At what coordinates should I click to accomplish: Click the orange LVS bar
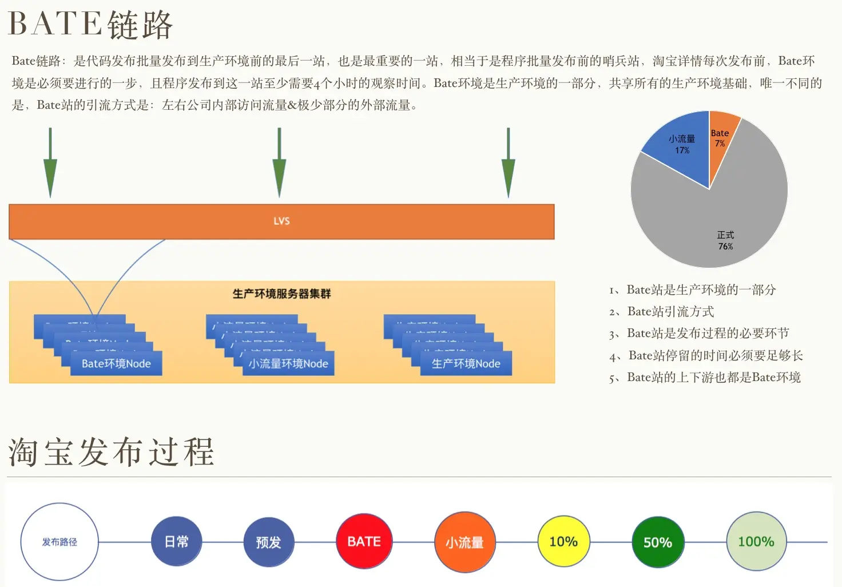tap(281, 221)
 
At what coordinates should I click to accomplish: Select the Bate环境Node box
tap(116, 364)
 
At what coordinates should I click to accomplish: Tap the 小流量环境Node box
tap(288, 364)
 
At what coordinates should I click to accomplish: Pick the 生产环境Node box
tap(466, 364)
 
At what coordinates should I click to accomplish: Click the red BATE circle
tap(364, 541)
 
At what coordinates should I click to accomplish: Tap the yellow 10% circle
tap(563, 541)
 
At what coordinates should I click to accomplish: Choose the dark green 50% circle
tap(658, 542)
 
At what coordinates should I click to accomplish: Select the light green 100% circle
tap(756, 541)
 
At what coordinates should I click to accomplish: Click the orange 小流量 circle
tap(464, 542)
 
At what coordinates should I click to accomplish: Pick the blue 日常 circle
tap(176, 541)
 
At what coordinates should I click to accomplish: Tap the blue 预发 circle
tap(268, 542)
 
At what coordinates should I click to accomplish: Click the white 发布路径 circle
tap(59, 541)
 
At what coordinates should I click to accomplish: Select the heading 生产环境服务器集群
tap(281, 293)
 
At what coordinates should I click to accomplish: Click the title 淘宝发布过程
tap(112, 452)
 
